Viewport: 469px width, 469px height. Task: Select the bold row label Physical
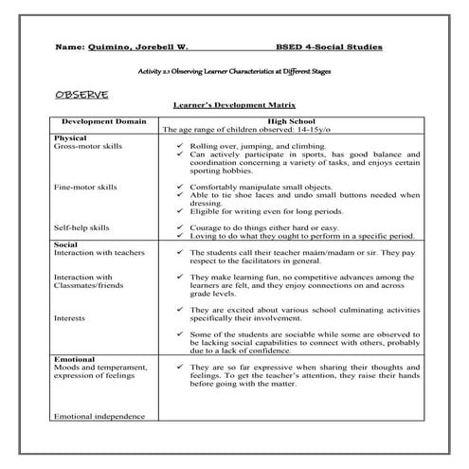click(72, 138)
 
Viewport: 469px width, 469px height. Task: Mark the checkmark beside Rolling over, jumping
click(180, 148)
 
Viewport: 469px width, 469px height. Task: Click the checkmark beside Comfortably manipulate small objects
click(180, 188)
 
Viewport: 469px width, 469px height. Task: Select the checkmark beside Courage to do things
click(180, 228)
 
